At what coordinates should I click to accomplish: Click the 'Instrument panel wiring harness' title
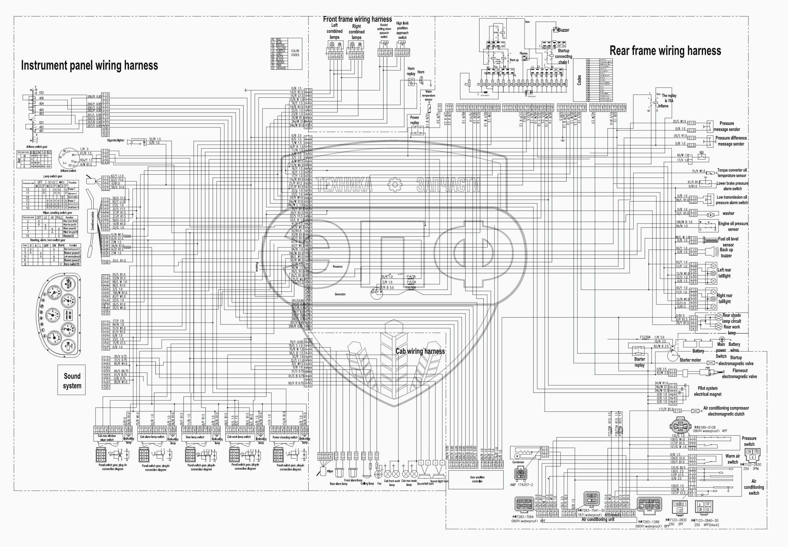pos(89,66)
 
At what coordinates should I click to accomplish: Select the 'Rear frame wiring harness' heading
pos(665,51)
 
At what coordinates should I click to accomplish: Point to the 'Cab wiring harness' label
pos(420,351)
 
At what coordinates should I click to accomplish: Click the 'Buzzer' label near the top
pos(564,30)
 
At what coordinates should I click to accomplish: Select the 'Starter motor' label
pos(690,360)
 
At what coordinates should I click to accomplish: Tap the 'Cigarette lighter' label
pos(116,140)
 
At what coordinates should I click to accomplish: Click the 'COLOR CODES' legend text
pos(295,53)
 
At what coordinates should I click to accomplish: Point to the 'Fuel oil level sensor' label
pos(728,242)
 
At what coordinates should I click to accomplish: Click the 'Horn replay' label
pos(411,71)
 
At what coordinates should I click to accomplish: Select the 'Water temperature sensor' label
pos(428,96)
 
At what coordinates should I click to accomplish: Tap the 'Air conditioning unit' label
pos(598,519)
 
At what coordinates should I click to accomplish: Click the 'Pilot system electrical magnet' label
pos(708,391)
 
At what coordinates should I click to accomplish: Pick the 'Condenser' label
pos(518,462)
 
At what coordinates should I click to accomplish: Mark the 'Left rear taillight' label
pos(724,273)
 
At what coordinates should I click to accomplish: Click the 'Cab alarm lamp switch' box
pos(152,437)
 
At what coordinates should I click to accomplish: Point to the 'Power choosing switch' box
pos(285,437)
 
